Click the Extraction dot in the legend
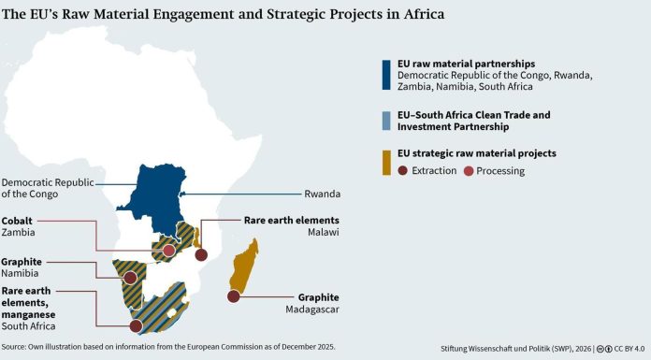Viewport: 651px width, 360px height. (x=403, y=171)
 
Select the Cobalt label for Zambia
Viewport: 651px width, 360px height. (x=20, y=221)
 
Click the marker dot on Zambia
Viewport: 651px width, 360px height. (x=168, y=251)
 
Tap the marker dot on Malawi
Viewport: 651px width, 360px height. (x=200, y=254)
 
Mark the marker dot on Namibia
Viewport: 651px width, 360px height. (x=127, y=277)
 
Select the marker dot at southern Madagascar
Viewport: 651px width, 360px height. (x=233, y=296)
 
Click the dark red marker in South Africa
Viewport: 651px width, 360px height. (x=136, y=326)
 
